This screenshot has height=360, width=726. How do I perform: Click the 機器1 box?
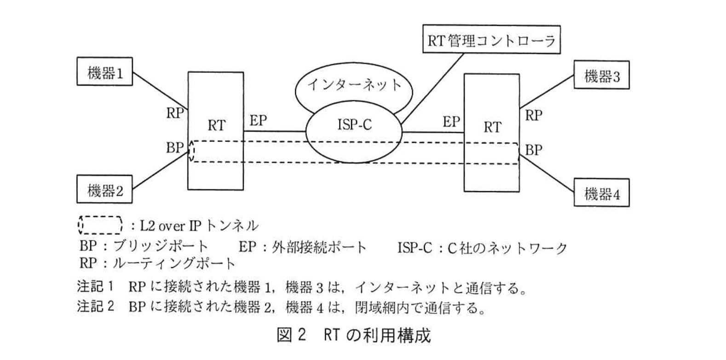click(104, 72)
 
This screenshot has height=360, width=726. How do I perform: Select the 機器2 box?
click(104, 190)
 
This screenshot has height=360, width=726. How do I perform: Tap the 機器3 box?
click(601, 75)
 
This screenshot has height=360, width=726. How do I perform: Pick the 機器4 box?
click(601, 194)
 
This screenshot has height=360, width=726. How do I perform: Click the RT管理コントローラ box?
click(491, 40)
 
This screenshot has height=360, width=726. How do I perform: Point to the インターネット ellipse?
click(354, 85)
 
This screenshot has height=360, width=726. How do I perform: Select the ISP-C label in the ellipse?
click(354, 125)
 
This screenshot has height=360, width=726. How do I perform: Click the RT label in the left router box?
click(216, 125)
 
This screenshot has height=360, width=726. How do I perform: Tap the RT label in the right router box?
click(492, 127)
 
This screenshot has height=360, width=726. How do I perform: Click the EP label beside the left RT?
click(258, 121)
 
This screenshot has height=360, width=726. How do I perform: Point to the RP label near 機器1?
click(175, 113)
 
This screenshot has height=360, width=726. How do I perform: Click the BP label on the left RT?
click(175, 147)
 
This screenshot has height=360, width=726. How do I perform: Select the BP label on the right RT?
click(533, 150)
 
